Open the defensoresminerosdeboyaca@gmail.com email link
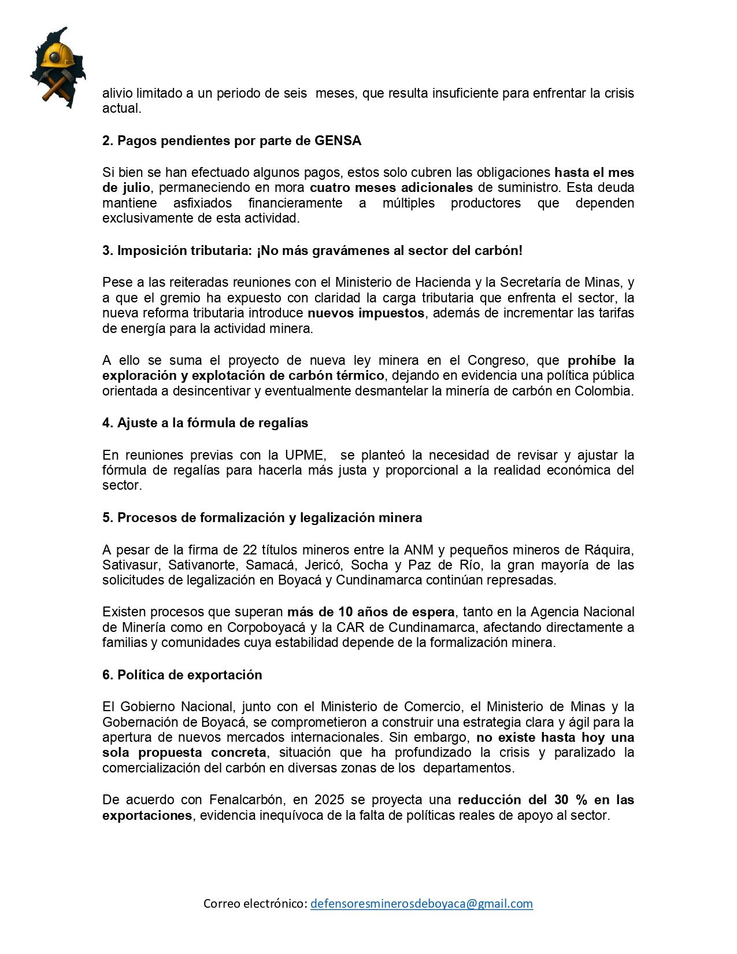pos(421,904)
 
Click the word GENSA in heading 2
pos(338,140)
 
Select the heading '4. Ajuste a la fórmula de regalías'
pos(205,423)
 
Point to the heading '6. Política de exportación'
pos(182,675)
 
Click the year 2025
pos(329,800)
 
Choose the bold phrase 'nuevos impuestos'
pos(365,313)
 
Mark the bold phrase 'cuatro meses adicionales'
pos(391,187)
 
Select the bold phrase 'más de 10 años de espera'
pos(371,612)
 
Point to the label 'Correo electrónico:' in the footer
pos(255,904)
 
